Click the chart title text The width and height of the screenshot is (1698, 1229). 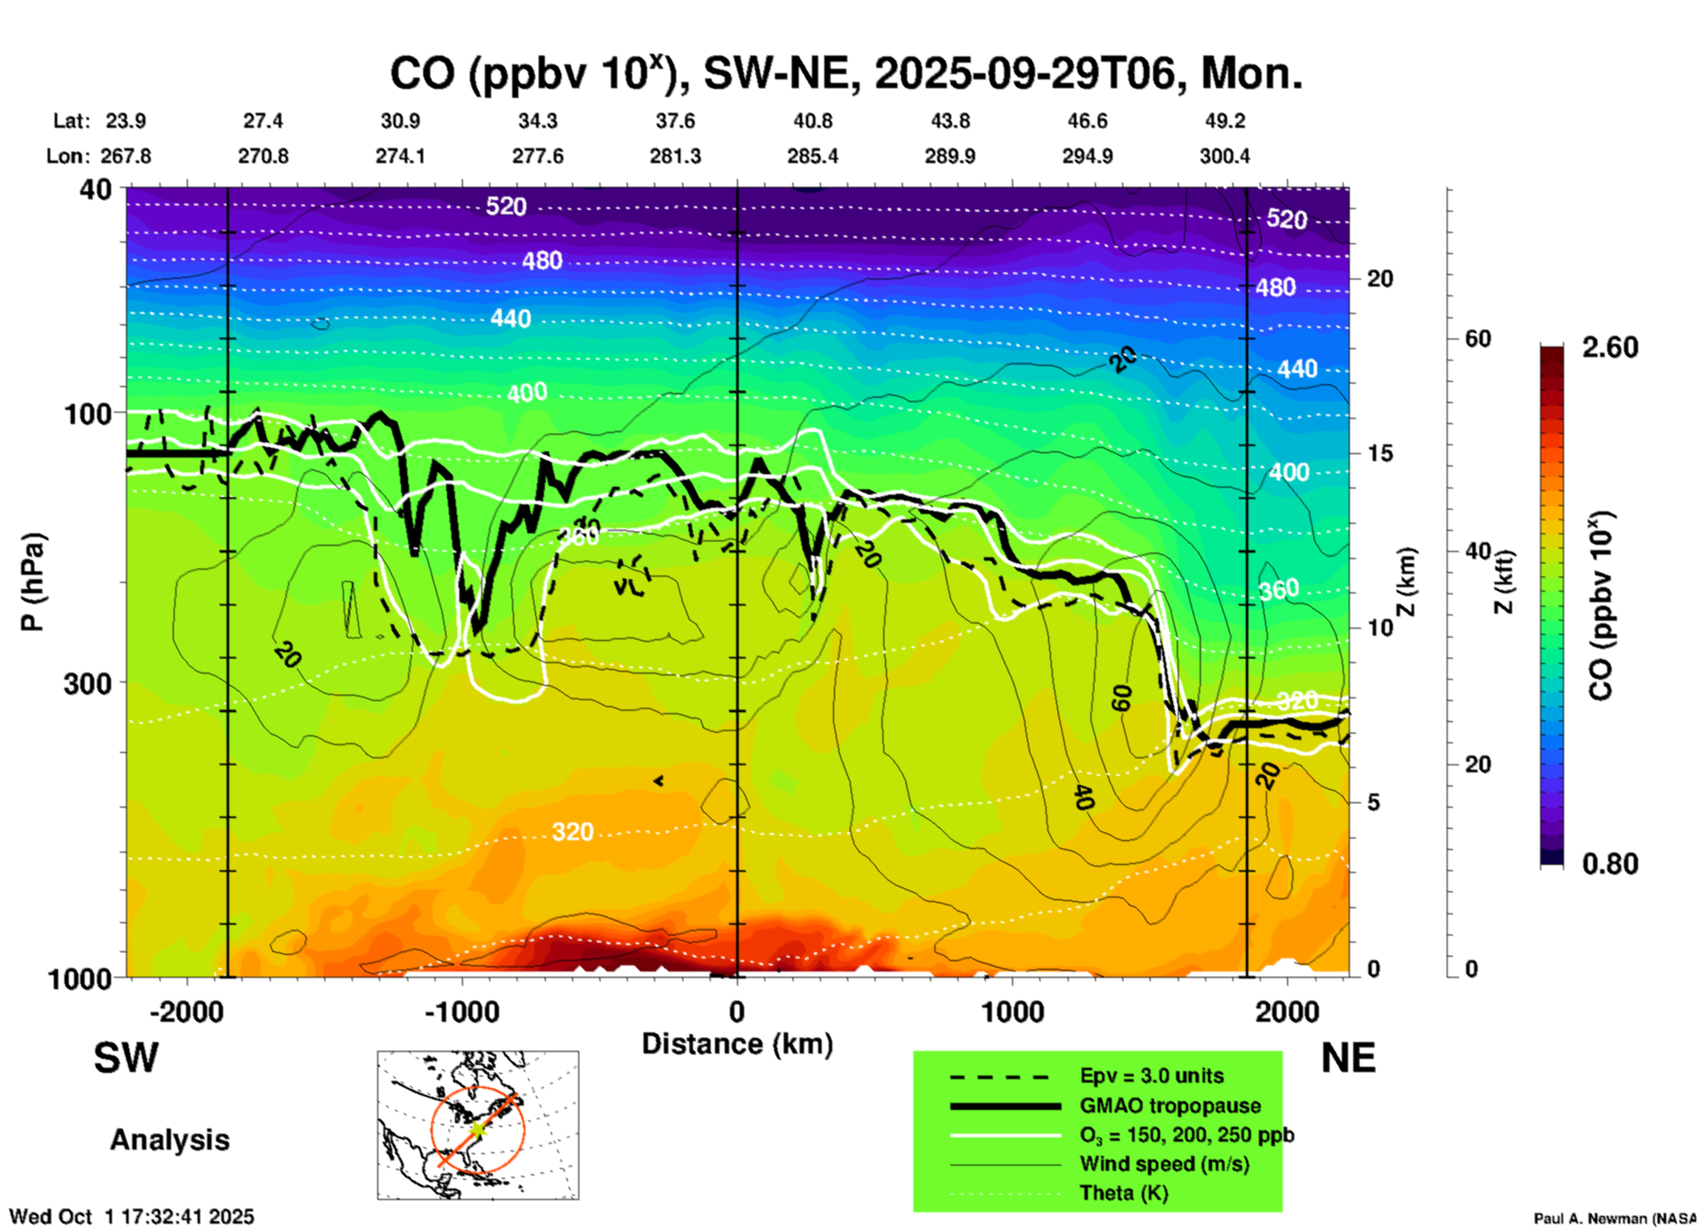click(x=846, y=73)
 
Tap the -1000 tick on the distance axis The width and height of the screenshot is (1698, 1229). click(x=461, y=1012)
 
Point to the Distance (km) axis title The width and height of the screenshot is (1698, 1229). click(x=737, y=1044)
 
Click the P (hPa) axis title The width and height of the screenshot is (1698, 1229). click(x=33, y=582)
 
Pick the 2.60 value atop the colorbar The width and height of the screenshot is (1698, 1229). click(x=1610, y=347)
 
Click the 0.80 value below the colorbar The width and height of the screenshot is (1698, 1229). click(x=1610, y=864)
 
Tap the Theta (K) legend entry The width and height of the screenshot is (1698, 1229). click(x=1123, y=1193)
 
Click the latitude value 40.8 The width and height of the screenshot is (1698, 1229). click(x=812, y=121)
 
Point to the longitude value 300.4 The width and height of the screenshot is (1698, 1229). click(x=1224, y=156)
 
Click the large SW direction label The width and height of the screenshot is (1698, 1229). click(x=126, y=1058)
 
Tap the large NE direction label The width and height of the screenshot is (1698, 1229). click(x=1348, y=1058)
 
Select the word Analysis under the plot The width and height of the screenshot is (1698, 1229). click(x=169, y=1140)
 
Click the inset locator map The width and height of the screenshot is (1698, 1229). click(x=478, y=1125)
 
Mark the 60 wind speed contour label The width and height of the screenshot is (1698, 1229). click(x=1121, y=698)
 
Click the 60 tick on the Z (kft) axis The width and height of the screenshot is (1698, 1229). click(x=1478, y=339)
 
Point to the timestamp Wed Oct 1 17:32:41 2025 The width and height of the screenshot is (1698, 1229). click(x=131, y=1217)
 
